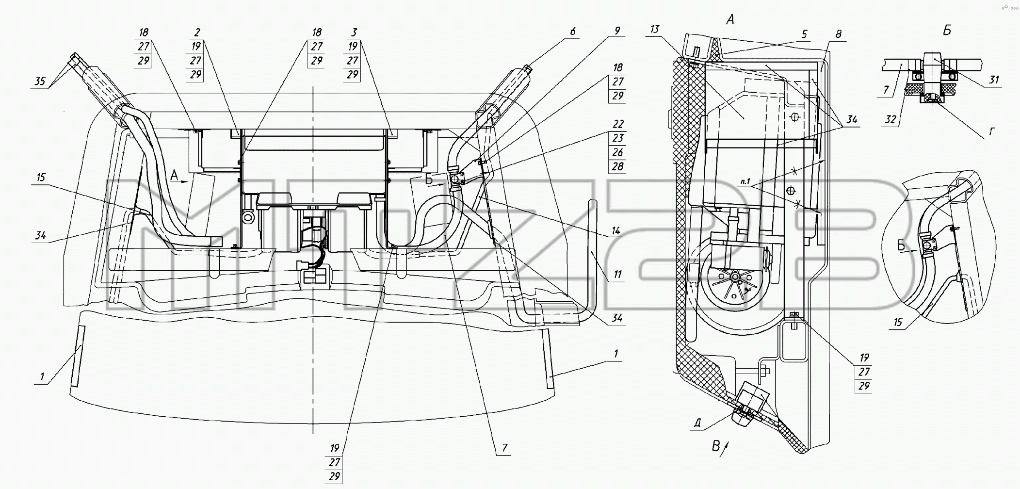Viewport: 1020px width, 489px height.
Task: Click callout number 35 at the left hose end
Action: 40,81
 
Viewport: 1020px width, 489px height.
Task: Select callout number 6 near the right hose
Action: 573,32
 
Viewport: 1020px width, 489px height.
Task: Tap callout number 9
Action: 617,31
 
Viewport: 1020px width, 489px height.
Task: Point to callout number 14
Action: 616,231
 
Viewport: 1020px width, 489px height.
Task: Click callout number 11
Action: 617,275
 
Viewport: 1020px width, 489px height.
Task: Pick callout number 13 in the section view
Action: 655,29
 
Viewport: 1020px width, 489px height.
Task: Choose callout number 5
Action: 804,34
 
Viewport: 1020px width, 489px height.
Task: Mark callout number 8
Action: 838,34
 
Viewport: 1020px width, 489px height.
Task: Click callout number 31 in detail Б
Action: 994,80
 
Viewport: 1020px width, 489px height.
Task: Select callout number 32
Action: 890,119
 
